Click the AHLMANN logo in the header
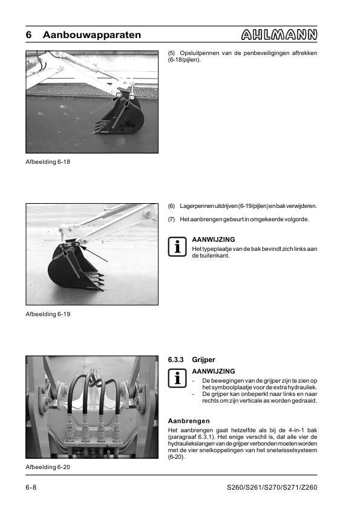[x=279, y=34]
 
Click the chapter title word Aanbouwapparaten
[x=92, y=34]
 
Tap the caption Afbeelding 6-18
[x=48, y=161]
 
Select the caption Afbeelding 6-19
[x=48, y=314]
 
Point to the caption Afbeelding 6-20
[x=48, y=467]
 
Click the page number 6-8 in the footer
[x=31, y=487]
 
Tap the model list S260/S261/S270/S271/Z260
[x=272, y=487]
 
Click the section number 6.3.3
[x=176, y=360]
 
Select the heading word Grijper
[x=204, y=360]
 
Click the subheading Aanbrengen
[x=189, y=421]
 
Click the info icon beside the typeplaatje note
[x=177, y=247]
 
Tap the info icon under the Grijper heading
[x=177, y=378]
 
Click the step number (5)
[x=172, y=53]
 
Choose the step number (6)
[x=172, y=206]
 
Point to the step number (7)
[x=172, y=219]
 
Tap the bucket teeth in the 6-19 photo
[x=97, y=280]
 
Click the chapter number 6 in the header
[x=28, y=34]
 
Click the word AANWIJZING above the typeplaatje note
[x=214, y=239]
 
